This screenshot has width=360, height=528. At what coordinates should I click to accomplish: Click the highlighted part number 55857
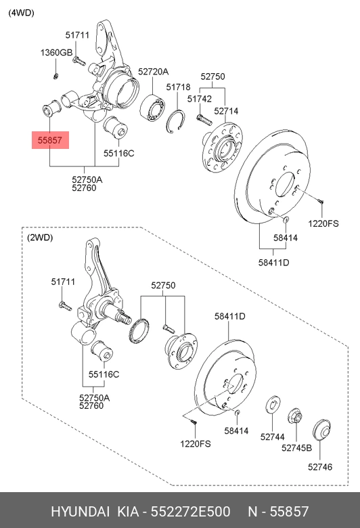tap(50, 140)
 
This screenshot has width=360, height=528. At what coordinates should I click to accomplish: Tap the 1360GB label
tap(56, 53)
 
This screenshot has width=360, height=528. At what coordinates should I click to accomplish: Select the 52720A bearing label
tap(153, 72)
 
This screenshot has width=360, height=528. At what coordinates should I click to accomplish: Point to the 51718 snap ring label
tap(178, 87)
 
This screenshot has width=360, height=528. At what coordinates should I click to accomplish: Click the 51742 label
tap(200, 99)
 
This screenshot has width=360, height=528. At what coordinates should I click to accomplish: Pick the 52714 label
tap(226, 111)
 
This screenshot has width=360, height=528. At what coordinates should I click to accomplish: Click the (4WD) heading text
tap(21, 13)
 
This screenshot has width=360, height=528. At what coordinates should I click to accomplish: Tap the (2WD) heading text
tap(40, 238)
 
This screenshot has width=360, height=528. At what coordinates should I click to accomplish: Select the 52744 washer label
tap(273, 437)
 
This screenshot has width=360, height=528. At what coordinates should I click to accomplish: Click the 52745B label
tap(296, 448)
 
